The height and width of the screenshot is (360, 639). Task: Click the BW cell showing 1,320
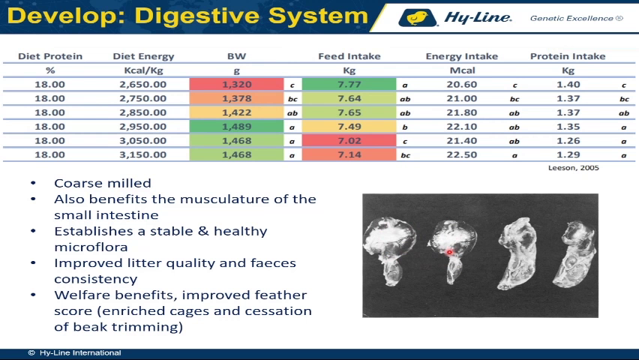tap(236, 85)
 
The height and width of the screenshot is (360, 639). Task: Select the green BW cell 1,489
tap(236, 127)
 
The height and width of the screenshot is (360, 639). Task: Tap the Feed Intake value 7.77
tap(349, 85)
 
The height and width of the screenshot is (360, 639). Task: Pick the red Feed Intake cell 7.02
tap(349, 141)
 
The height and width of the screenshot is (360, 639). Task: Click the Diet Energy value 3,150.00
tap(143, 155)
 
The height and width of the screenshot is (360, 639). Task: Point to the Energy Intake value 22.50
tap(462, 155)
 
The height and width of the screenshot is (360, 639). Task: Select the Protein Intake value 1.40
tap(568, 85)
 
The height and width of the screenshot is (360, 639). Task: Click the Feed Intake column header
tap(349, 56)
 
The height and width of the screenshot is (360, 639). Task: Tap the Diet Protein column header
tap(50, 56)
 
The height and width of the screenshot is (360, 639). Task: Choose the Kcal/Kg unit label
tap(143, 70)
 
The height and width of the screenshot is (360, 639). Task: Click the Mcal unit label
tap(462, 70)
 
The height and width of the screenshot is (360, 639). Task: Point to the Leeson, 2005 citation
tap(574, 167)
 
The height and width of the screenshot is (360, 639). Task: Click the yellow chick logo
tap(417, 18)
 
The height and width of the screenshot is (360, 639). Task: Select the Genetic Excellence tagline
tap(576, 18)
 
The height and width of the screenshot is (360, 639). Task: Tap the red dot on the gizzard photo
tap(449, 252)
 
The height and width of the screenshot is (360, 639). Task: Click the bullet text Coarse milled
tap(103, 183)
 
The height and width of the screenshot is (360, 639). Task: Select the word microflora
tap(91, 247)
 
